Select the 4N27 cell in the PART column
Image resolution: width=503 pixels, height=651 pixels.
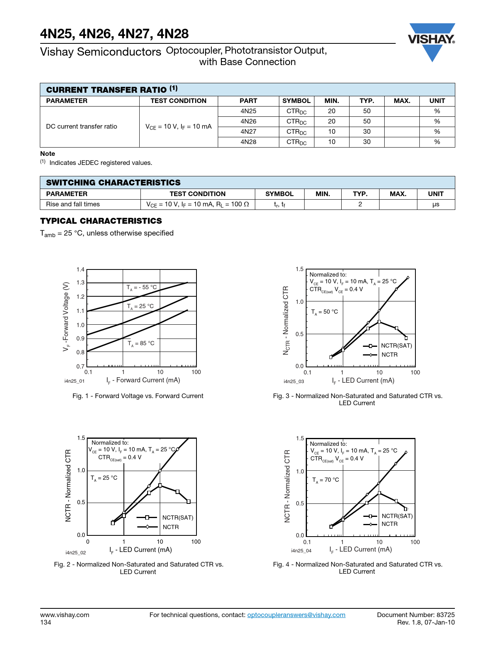point(248,132)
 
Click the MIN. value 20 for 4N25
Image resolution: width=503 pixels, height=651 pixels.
point(331,111)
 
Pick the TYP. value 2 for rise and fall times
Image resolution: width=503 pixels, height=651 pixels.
point(360,204)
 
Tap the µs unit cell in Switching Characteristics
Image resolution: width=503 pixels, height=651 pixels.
point(436,204)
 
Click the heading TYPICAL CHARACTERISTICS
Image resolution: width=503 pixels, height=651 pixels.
point(101,221)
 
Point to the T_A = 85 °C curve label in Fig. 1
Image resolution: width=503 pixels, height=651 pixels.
point(141,344)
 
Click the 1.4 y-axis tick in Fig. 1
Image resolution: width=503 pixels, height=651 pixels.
point(80,270)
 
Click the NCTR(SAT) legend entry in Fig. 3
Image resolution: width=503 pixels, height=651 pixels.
point(396,346)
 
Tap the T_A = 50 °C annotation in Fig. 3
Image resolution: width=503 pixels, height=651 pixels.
point(324,312)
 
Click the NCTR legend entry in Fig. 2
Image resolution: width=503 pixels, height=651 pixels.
point(170,527)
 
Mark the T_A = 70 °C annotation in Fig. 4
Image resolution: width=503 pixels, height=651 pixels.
point(325,480)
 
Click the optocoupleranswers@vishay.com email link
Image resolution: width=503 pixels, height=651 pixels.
point(296,615)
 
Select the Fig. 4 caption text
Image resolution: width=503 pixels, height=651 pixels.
point(357,568)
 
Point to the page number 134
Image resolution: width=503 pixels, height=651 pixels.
point(46,623)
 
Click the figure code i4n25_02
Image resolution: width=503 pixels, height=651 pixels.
point(75,553)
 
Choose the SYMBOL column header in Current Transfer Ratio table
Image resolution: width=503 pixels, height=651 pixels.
point(296,101)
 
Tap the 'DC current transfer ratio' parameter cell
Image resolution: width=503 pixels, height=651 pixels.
point(82,127)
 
